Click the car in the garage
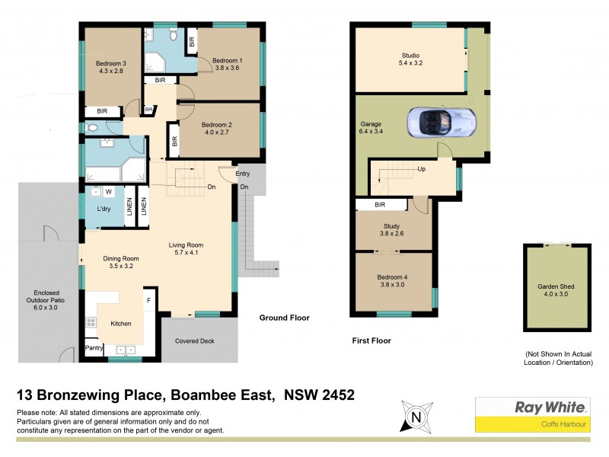click(x=442, y=122)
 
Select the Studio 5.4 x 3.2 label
click(x=411, y=59)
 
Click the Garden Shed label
click(x=556, y=291)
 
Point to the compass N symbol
click(x=415, y=417)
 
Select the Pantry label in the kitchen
click(x=94, y=348)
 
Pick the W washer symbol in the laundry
click(x=108, y=192)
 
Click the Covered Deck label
click(x=194, y=340)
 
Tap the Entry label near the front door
click(x=243, y=174)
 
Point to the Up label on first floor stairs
click(x=420, y=169)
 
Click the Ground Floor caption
click(x=284, y=318)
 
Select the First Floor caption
click(x=371, y=340)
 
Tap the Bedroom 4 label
click(x=393, y=281)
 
